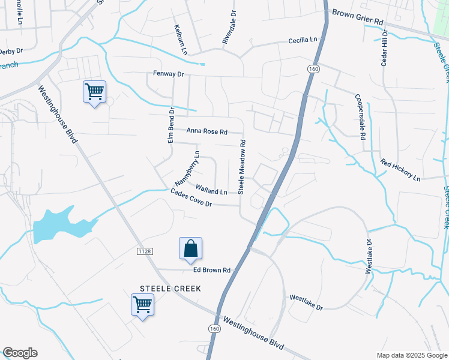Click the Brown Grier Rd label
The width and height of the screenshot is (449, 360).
click(357, 16)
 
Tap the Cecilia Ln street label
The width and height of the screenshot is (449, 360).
click(302, 40)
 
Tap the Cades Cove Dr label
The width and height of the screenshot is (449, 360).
click(191, 199)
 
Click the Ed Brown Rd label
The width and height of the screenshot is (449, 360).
click(212, 271)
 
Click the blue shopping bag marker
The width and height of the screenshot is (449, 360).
click(190, 248)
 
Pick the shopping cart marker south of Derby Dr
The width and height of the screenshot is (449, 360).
click(94, 92)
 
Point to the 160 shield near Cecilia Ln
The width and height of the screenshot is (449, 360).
click(313, 70)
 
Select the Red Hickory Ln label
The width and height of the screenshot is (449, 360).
click(400, 170)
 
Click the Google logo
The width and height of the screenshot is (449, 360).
click(20, 353)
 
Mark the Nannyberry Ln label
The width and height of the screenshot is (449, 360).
click(186, 169)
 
